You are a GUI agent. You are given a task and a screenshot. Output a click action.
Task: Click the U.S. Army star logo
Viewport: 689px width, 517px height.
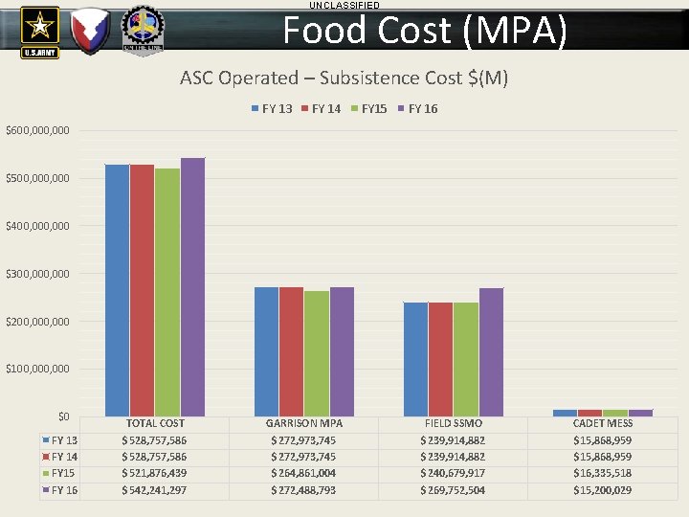click(39, 31)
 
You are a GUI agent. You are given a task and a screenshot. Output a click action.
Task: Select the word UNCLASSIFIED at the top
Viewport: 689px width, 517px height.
click(344, 6)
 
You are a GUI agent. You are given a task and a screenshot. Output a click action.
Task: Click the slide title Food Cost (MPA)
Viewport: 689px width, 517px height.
click(425, 31)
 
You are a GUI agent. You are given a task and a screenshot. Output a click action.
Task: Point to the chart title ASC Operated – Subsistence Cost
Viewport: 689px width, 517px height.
click(344, 78)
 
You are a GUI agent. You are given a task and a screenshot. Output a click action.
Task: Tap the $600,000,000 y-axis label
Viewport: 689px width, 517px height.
click(37, 130)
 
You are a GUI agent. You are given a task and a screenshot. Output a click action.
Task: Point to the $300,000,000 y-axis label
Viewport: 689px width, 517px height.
click(37, 274)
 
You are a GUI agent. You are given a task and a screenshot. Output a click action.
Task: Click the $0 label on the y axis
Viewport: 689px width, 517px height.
click(63, 416)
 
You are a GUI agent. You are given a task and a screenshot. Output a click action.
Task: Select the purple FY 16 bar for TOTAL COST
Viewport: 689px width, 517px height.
click(192, 286)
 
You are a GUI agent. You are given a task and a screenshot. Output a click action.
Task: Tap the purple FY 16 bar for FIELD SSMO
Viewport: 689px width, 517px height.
click(491, 351)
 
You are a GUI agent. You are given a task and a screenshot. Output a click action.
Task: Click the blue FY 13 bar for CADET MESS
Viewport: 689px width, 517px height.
click(565, 413)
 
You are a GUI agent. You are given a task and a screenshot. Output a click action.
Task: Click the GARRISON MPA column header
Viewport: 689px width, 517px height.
click(304, 423)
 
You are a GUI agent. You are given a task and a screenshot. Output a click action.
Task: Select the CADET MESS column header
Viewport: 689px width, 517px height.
click(603, 423)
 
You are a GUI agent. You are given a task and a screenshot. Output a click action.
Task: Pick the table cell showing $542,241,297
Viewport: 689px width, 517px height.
click(154, 490)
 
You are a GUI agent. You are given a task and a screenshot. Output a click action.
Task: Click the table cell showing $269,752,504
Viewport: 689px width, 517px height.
click(453, 490)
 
